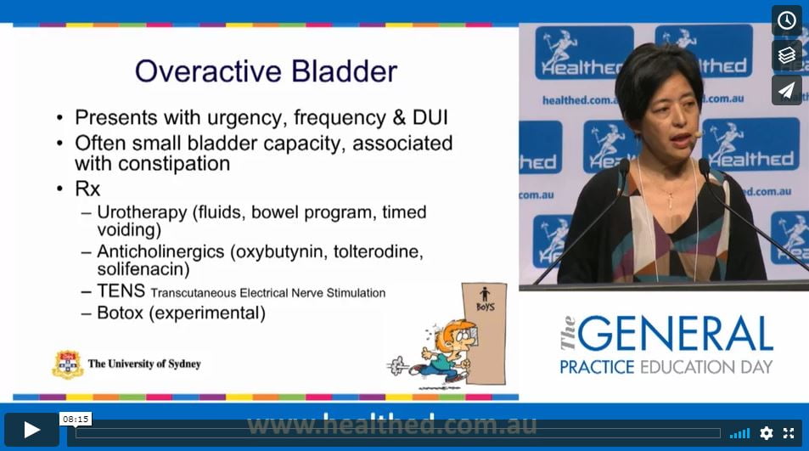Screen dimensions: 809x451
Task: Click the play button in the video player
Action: (31, 429)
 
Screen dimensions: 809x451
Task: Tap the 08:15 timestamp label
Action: (76, 419)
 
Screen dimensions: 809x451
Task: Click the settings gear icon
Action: (767, 433)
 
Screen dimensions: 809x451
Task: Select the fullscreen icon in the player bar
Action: (789, 433)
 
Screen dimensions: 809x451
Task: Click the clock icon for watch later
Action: (786, 20)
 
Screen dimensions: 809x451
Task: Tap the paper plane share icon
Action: (786, 91)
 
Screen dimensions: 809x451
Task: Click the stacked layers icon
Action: (786, 55)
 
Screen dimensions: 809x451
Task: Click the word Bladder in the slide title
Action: (344, 71)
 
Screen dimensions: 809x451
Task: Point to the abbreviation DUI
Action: (430, 118)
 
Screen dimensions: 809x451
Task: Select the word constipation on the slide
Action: (174, 164)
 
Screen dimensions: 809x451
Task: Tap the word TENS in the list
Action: (121, 291)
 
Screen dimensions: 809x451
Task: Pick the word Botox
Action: (120, 313)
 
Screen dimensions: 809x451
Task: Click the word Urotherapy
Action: (142, 212)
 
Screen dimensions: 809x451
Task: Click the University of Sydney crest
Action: (68, 364)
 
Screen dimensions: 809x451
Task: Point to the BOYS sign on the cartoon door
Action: (485, 307)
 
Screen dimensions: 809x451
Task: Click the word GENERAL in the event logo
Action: (675, 333)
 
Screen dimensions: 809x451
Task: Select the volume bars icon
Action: (740, 433)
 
